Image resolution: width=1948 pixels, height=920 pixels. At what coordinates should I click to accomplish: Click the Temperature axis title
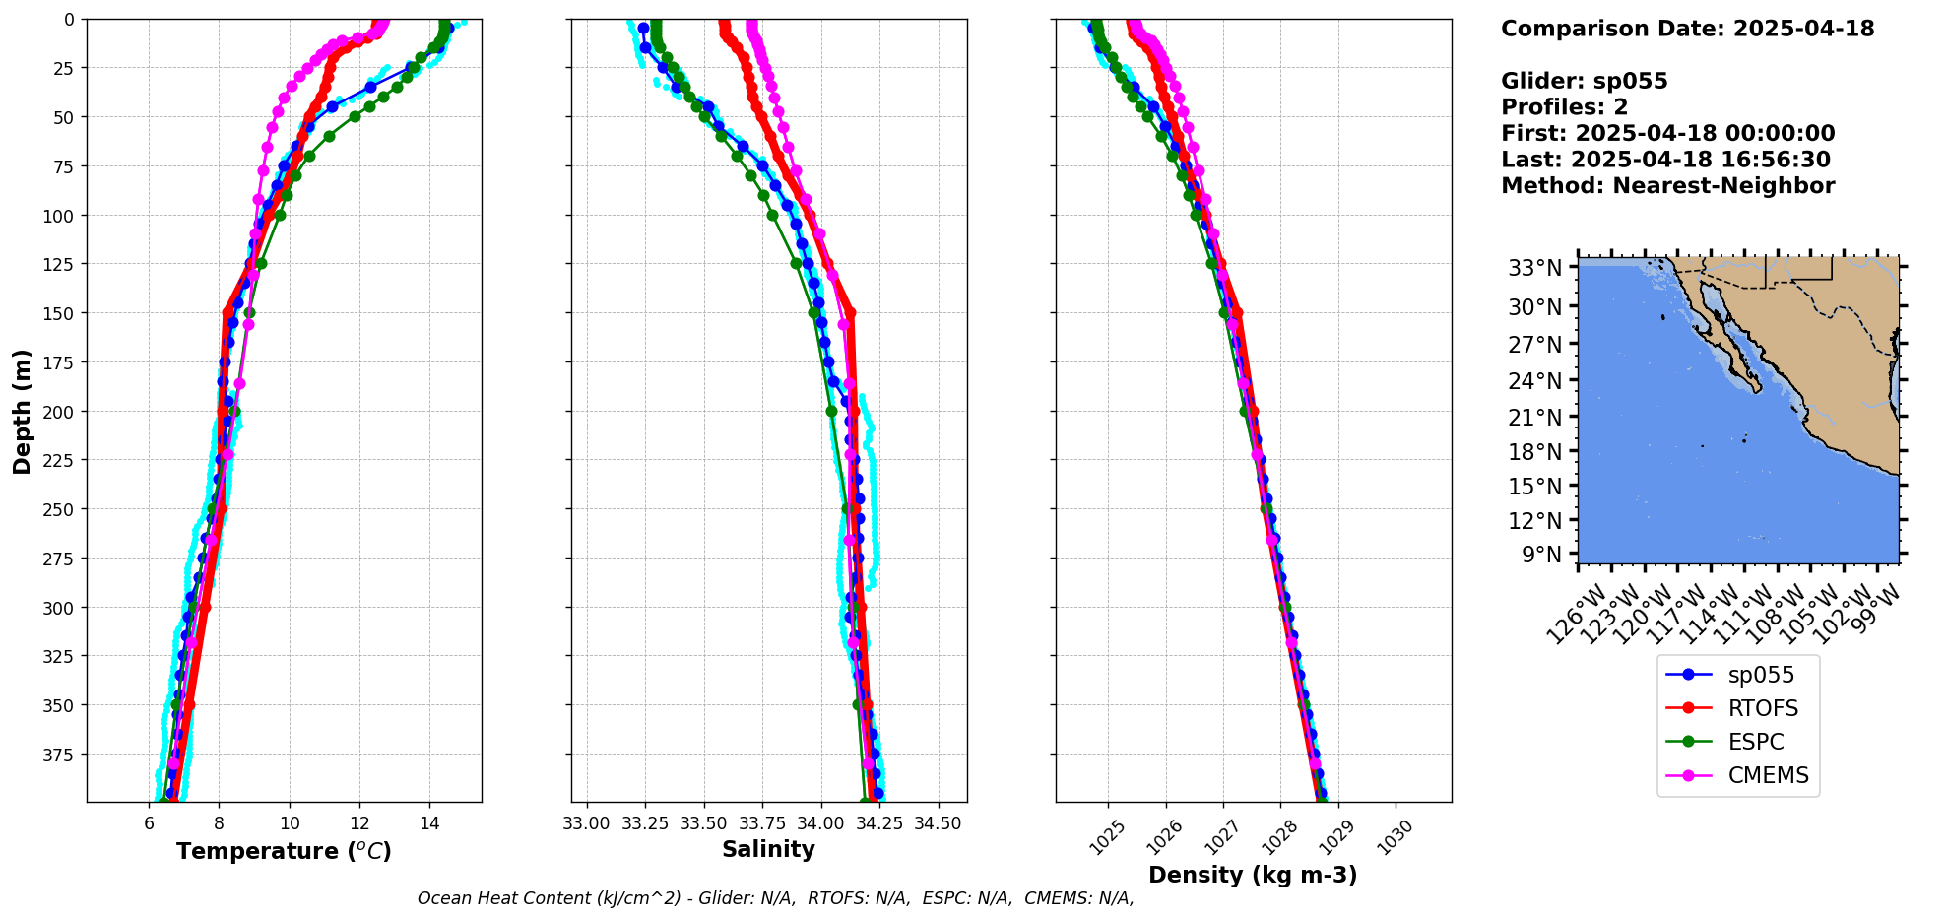284,851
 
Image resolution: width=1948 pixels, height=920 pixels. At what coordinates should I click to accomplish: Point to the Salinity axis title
768,849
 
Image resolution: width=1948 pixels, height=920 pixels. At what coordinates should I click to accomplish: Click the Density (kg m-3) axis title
1253,875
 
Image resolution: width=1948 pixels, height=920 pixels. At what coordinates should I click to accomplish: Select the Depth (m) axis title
22,411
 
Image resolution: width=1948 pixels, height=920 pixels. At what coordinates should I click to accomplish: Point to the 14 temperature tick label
429,823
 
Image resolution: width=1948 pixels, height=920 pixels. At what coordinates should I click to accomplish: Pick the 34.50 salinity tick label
937,823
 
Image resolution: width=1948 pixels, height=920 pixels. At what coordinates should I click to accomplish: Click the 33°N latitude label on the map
1534,268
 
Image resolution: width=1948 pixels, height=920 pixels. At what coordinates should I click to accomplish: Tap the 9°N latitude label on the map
1541,555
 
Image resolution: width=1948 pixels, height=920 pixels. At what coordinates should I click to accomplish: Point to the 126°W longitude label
1573,616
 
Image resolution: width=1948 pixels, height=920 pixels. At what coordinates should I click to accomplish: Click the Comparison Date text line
1687,29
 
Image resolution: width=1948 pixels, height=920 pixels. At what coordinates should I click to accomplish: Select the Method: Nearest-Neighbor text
1667,186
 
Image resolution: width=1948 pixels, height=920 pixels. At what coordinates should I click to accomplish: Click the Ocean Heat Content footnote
775,898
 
